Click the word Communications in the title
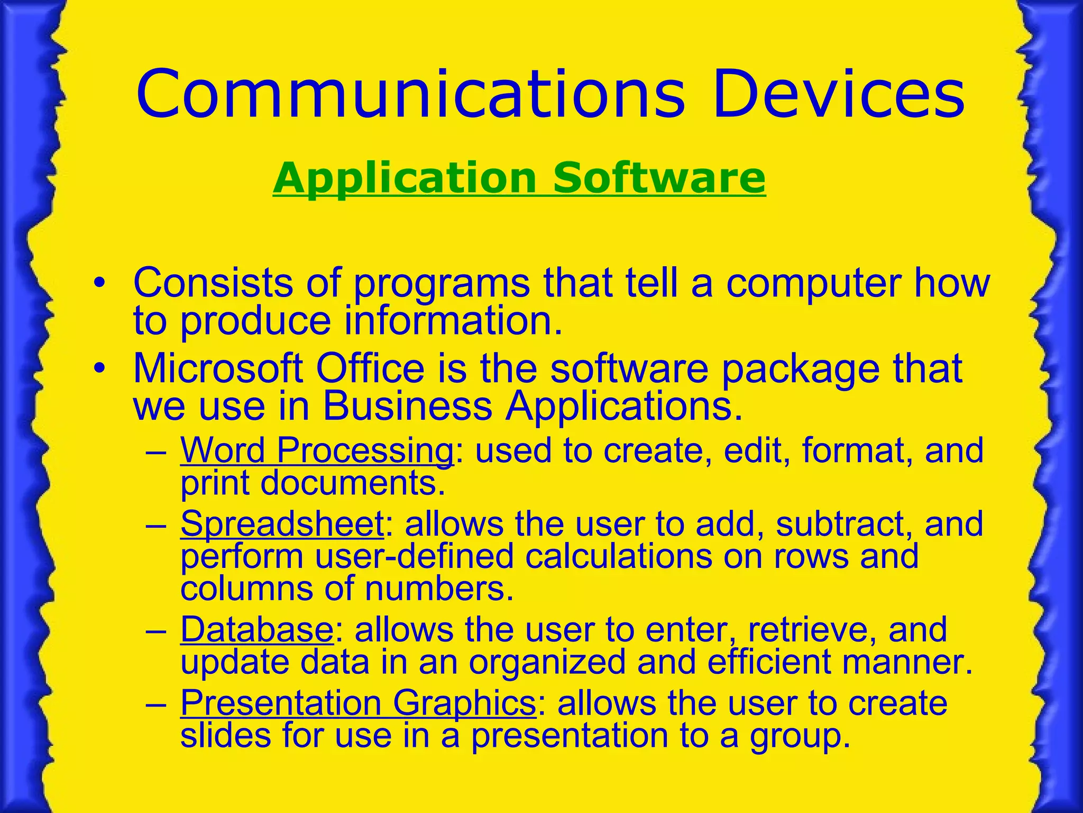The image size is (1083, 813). pyautogui.click(x=410, y=95)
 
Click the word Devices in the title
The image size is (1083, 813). pyautogui.click(x=839, y=95)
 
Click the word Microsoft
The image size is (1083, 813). pyautogui.click(x=218, y=368)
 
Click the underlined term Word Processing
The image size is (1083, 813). pyautogui.click(x=316, y=451)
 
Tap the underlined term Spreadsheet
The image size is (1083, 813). pyautogui.click(x=282, y=524)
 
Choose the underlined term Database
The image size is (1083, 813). pyautogui.click(x=256, y=630)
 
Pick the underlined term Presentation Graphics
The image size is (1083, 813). pyautogui.click(x=358, y=703)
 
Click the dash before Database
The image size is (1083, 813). pyautogui.click(x=157, y=631)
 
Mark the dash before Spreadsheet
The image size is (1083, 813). pyautogui.click(x=157, y=525)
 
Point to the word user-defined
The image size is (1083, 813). pyautogui.click(x=414, y=557)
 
